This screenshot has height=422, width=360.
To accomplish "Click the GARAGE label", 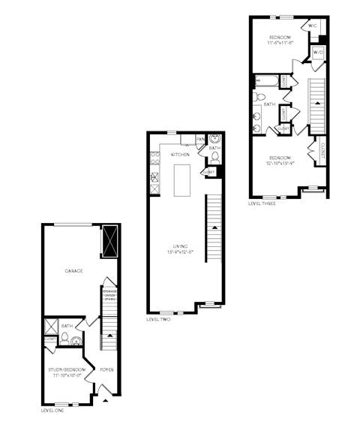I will pos(73,270).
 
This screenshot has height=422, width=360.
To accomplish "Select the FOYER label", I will pos(106,370).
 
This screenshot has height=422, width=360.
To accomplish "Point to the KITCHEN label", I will pos(180,154).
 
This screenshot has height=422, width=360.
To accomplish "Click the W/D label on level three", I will pos(316,53).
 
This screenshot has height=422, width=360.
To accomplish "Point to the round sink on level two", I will pos(214,139).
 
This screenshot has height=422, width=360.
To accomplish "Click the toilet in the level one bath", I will pos(66,339).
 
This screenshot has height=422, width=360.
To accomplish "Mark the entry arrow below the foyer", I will pos(106,401).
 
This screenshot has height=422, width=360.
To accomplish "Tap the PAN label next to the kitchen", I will pos(199,139).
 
